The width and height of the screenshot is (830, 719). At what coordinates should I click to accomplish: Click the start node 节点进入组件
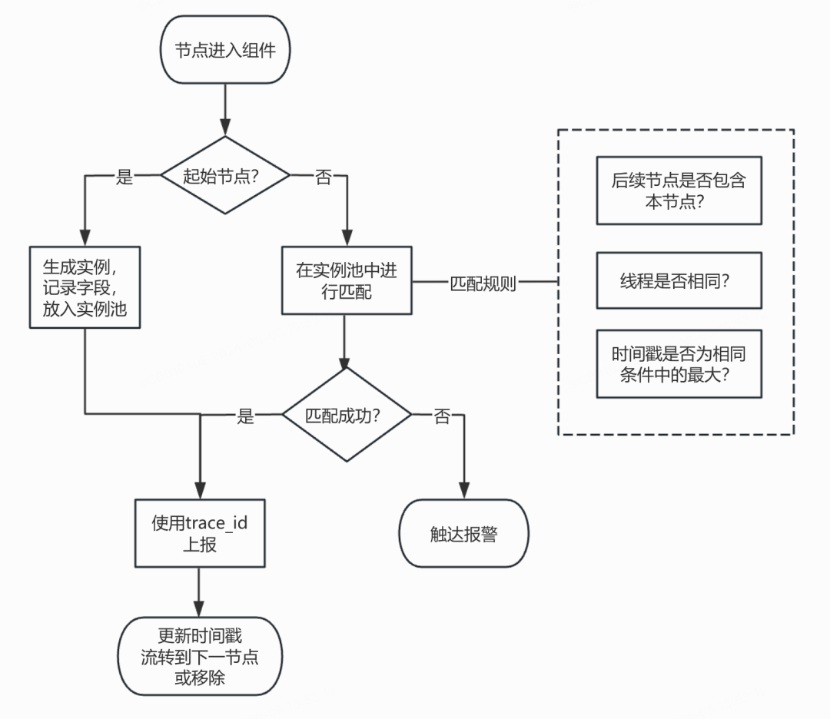[225, 50]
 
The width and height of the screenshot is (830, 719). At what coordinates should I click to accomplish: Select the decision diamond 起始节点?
[225, 175]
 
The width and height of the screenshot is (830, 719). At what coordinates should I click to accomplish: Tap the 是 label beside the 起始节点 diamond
[124, 176]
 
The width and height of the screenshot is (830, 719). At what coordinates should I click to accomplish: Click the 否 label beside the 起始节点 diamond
[324, 176]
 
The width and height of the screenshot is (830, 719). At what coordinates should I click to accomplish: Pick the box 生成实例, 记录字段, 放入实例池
[85, 287]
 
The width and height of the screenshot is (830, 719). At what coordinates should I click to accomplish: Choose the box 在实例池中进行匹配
[347, 280]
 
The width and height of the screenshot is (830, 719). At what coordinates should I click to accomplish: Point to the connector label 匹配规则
[483, 283]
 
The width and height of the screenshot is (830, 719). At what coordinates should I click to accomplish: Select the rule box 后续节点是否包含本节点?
[679, 191]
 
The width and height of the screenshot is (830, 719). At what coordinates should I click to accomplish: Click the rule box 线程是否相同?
[679, 280]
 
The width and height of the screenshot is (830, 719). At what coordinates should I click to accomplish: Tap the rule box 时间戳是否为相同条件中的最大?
[679, 364]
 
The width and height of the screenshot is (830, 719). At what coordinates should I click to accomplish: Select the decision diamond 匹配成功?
[347, 415]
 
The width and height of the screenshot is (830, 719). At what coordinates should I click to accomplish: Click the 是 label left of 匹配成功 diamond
[245, 416]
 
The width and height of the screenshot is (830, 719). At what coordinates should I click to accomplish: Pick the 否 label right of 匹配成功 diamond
[442, 416]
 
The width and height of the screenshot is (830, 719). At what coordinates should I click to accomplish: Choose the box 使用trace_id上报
[200, 533]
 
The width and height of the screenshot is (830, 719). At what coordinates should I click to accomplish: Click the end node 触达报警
[463, 533]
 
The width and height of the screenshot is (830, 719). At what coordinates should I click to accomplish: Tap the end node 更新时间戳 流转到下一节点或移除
[200, 656]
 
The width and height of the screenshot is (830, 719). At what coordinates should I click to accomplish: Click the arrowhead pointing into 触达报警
[464, 490]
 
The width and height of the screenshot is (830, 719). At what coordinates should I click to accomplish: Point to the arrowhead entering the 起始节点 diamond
[225, 128]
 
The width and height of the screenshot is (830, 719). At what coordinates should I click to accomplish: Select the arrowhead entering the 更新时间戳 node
[199, 608]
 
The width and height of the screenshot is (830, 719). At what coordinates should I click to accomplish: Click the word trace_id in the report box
[217, 523]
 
